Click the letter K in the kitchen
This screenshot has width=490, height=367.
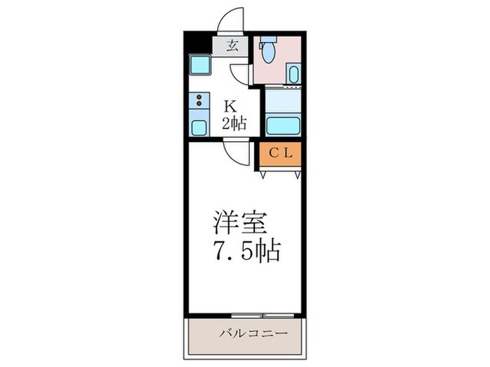click(230, 107)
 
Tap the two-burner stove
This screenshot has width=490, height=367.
click(199, 101)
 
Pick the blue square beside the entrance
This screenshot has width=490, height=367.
click(199, 66)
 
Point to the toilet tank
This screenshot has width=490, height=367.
click(269, 44)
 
